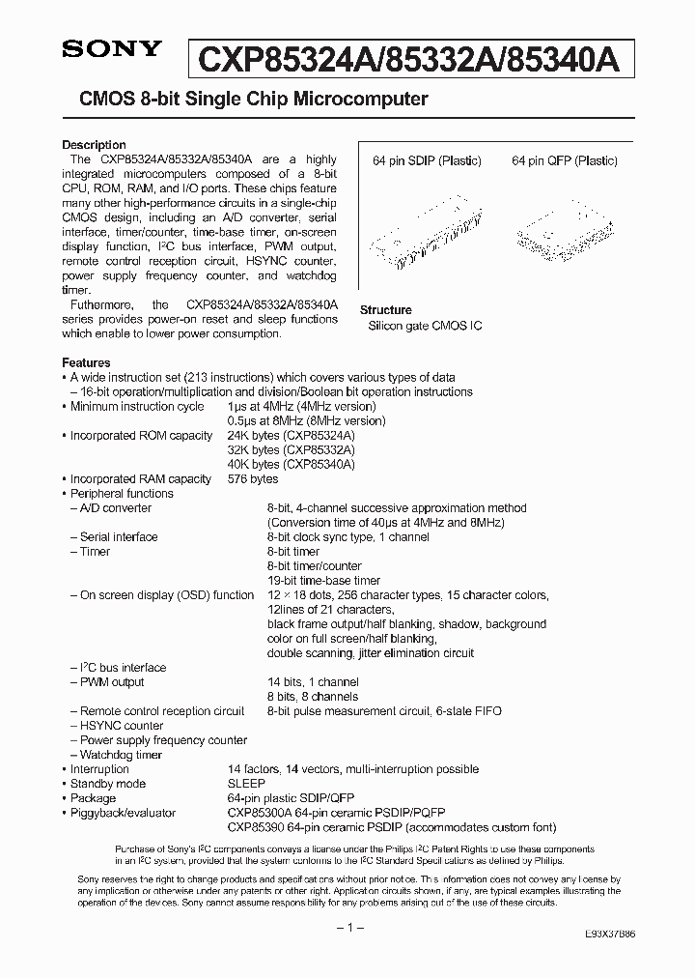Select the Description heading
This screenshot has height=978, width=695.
94,145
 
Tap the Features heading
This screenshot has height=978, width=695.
86,362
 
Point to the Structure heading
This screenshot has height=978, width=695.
385,310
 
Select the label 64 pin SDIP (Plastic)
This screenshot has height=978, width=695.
427,161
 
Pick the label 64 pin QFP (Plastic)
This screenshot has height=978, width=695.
564,161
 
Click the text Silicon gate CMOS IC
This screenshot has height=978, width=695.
425,327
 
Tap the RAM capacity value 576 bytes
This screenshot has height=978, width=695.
252,479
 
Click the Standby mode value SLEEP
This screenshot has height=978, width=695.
246,784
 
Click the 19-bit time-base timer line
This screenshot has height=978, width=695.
323,581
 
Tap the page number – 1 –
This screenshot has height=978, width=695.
347,927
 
